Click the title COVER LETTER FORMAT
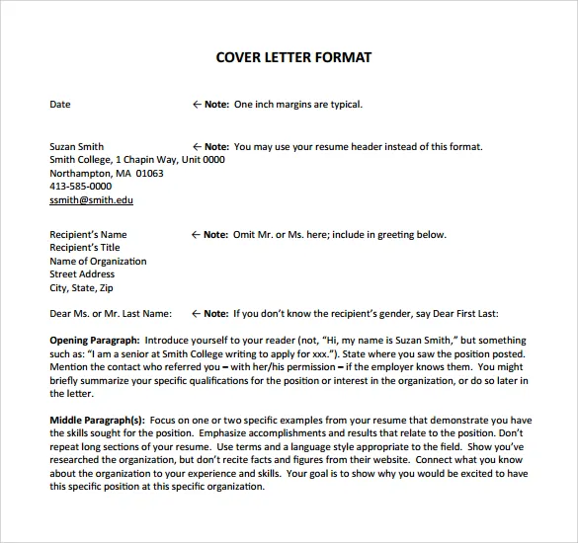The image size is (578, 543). point(293,57)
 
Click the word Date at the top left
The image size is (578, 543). point(60,104)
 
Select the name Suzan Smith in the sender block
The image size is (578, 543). point(76,147)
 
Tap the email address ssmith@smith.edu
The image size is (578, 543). point(91,199)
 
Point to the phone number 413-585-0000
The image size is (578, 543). point(80,186)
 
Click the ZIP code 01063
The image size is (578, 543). point(150,173)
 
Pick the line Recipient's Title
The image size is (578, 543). point(84,248)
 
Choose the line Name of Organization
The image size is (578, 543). point(98,262)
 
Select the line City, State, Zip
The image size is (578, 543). point(82,288)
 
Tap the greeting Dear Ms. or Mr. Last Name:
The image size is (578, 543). point(111,314)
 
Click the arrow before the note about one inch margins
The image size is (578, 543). point(196,104)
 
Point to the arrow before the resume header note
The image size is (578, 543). point(196,147)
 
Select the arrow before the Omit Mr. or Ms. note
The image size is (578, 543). point(195,235)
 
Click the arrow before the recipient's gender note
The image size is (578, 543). point(195,314)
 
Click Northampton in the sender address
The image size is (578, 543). point(80,173)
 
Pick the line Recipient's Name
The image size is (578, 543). point(88,235)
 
